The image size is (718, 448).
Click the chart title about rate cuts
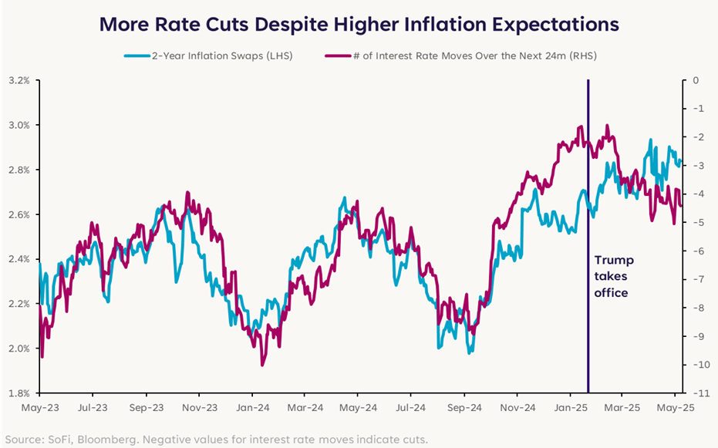359,24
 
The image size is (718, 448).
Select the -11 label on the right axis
696,393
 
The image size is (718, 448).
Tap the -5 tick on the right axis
696,223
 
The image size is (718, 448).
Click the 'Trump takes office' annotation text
611,276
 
